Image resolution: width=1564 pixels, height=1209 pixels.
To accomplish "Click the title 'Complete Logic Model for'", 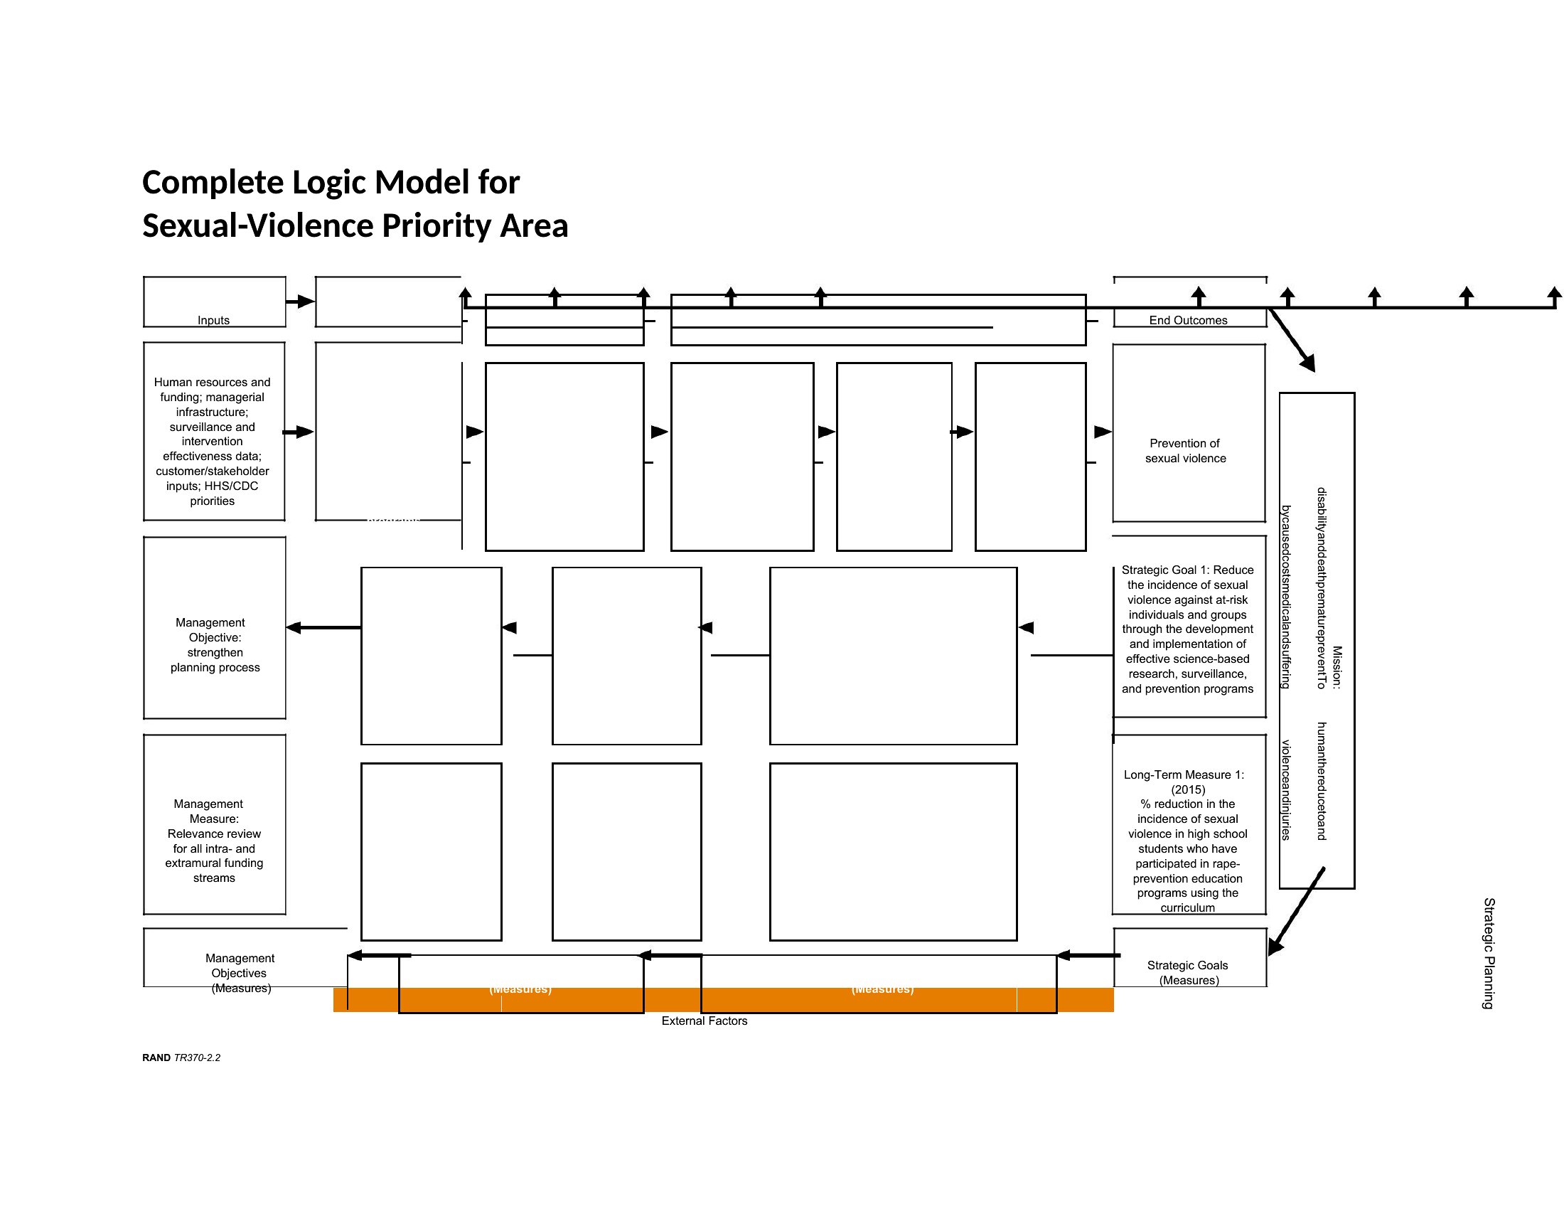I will click(x=331, y=183).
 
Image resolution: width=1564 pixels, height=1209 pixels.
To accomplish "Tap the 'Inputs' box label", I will click(x=213, y=320).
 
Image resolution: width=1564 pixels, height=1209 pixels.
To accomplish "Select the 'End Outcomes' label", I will click(x=1188, y=320).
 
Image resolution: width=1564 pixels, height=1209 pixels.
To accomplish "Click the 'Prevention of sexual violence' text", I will click(x=1185, y=450).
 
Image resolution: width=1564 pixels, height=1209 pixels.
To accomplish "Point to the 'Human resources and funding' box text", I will click(x=212, y=441).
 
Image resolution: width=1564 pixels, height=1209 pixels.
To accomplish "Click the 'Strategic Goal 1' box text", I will click(x=1187, y=629).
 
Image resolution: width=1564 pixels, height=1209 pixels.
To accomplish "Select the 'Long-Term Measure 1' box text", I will click(x=1187, y=840).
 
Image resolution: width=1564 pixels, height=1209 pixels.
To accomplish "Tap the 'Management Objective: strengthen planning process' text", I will click(x=214, y=644).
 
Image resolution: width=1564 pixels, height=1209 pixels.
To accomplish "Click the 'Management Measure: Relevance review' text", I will click(x=214, y=840).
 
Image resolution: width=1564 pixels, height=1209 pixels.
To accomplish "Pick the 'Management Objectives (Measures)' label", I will click(x=240, y=973).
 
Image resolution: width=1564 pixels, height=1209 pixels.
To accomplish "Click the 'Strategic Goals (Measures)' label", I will click(x=1188, y=973).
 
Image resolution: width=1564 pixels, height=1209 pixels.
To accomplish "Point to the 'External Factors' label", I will click(x=704, y=1021).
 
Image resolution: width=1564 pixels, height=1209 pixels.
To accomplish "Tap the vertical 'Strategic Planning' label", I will click(x=1488, y=952).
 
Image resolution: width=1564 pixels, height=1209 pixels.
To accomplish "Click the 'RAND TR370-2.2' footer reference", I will click(x=181, y=1057).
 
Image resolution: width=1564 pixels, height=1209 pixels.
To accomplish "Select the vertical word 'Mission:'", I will click(x=1337, y=667).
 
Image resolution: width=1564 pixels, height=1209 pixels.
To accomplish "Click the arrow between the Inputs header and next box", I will click(x=300, y=302).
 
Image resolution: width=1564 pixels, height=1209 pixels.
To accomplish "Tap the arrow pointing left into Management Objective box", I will click(x=322, y=627).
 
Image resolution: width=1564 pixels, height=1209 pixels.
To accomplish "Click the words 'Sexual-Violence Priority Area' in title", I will click(x=355, y=225).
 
